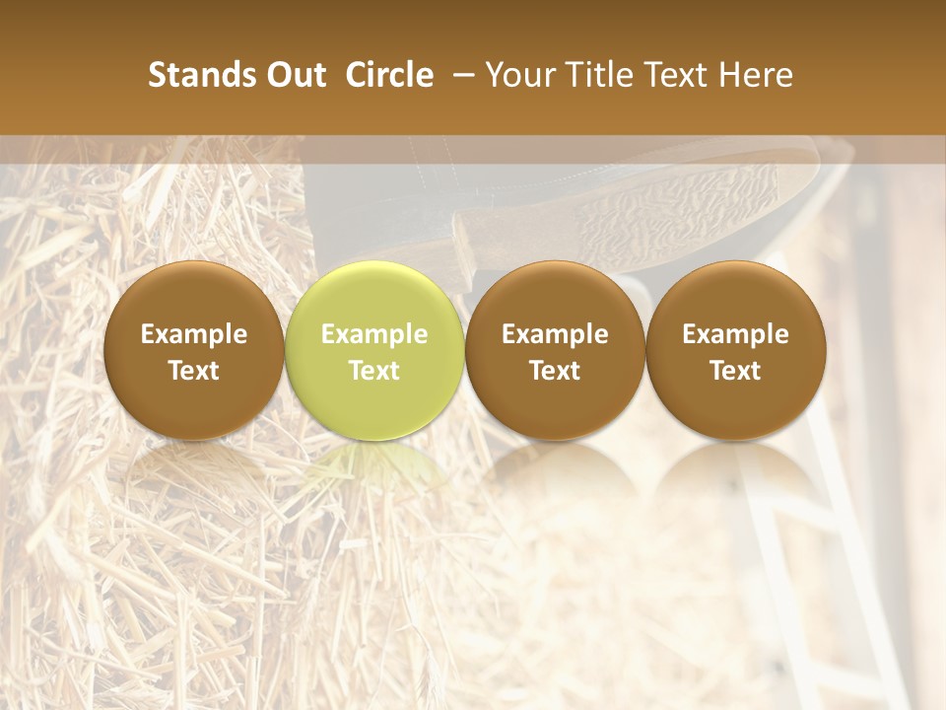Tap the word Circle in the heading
[x=389, y=75]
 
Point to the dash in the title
[x=458, y=75]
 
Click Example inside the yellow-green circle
[x=374, y=334]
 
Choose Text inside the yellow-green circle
[x=374, y=371]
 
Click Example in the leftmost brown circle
[x=194, y=334]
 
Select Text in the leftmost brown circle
[x=194, y=371]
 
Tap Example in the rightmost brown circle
[x=735, y=334]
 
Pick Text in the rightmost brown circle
[x=735, y=371]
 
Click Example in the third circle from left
[x=555, y=334]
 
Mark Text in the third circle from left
[x=555, y=371]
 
